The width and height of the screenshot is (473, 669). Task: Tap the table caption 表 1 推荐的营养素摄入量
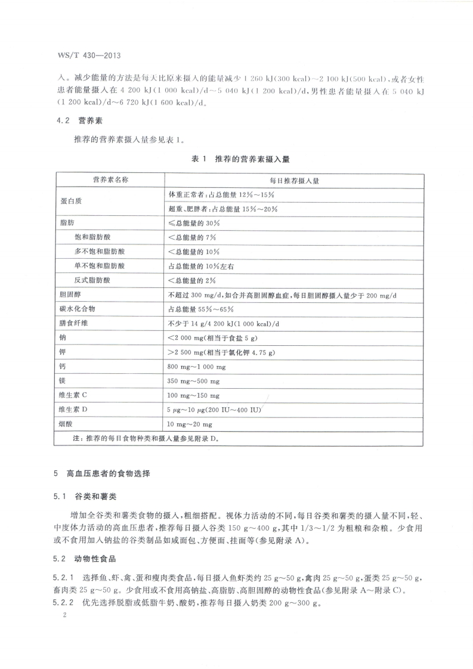[240, 160]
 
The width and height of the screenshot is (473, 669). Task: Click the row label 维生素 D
[73, 410]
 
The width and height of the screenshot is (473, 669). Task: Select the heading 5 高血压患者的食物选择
[102, 475]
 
